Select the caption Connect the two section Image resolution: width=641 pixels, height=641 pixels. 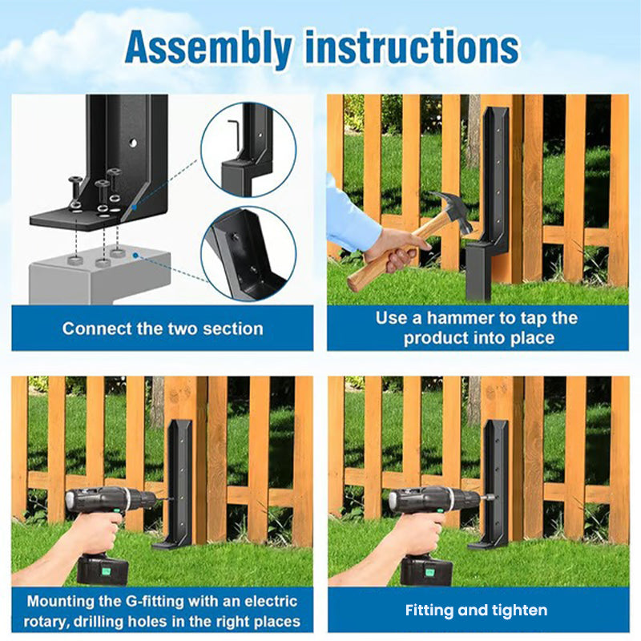pyautogui.click(x=163, y=329)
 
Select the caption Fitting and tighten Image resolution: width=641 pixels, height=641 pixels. pyautogui.click(x=476, y=611)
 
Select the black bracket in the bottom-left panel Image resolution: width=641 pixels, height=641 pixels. pyautogui.click(x=178, y=481)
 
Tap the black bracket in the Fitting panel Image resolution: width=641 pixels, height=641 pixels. pyautogui.click(x=494, y=481)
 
